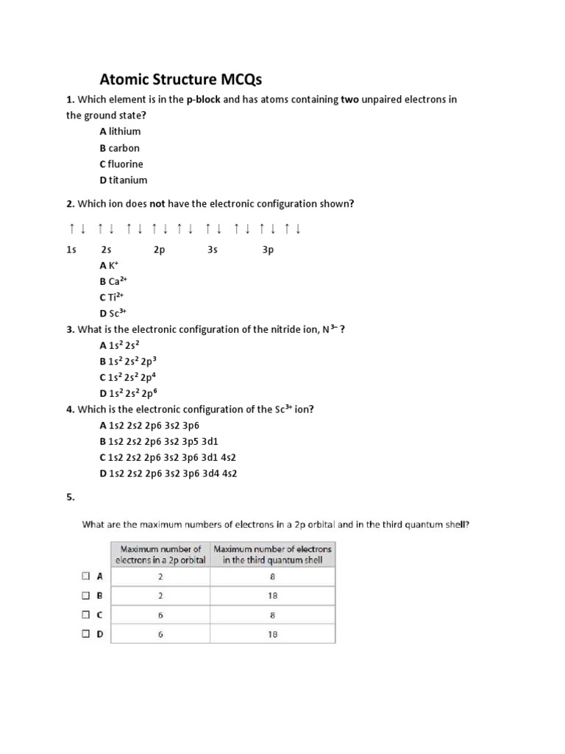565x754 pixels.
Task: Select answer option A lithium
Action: (x=120, y=131)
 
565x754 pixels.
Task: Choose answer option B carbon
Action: (x=119, y=147)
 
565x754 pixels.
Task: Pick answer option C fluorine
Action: (x=121, y=163)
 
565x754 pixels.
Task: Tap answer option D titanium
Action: (x=123, y=180)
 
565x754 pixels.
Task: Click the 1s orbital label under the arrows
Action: (x=71, y=250)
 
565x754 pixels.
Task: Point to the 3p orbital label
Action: (x=268, y=250)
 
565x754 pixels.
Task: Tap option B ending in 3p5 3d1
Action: (x=159, y=441)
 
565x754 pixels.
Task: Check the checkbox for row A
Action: (x=86, y=577)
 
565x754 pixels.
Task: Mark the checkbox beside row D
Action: (x=86, y=633)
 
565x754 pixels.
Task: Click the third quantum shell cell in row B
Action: (x=272, y=596)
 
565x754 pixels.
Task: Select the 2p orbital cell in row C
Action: (x=160, y=614)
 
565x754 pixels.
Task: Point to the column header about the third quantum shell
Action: (x=272, y=554)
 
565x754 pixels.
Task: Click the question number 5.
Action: (x=71, y=497)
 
